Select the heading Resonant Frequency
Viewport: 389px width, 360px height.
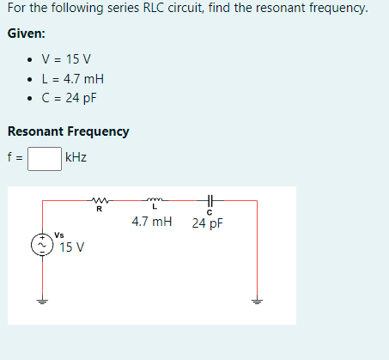point(68,131)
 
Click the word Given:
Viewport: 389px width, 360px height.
point(26,34)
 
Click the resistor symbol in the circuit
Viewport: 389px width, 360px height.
point(99,201)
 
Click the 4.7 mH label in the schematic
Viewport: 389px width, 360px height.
point(152,223)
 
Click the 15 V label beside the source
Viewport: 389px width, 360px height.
point(71,247)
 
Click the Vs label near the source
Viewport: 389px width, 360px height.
point(58,234)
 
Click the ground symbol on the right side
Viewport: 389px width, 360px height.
point(256,302)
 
